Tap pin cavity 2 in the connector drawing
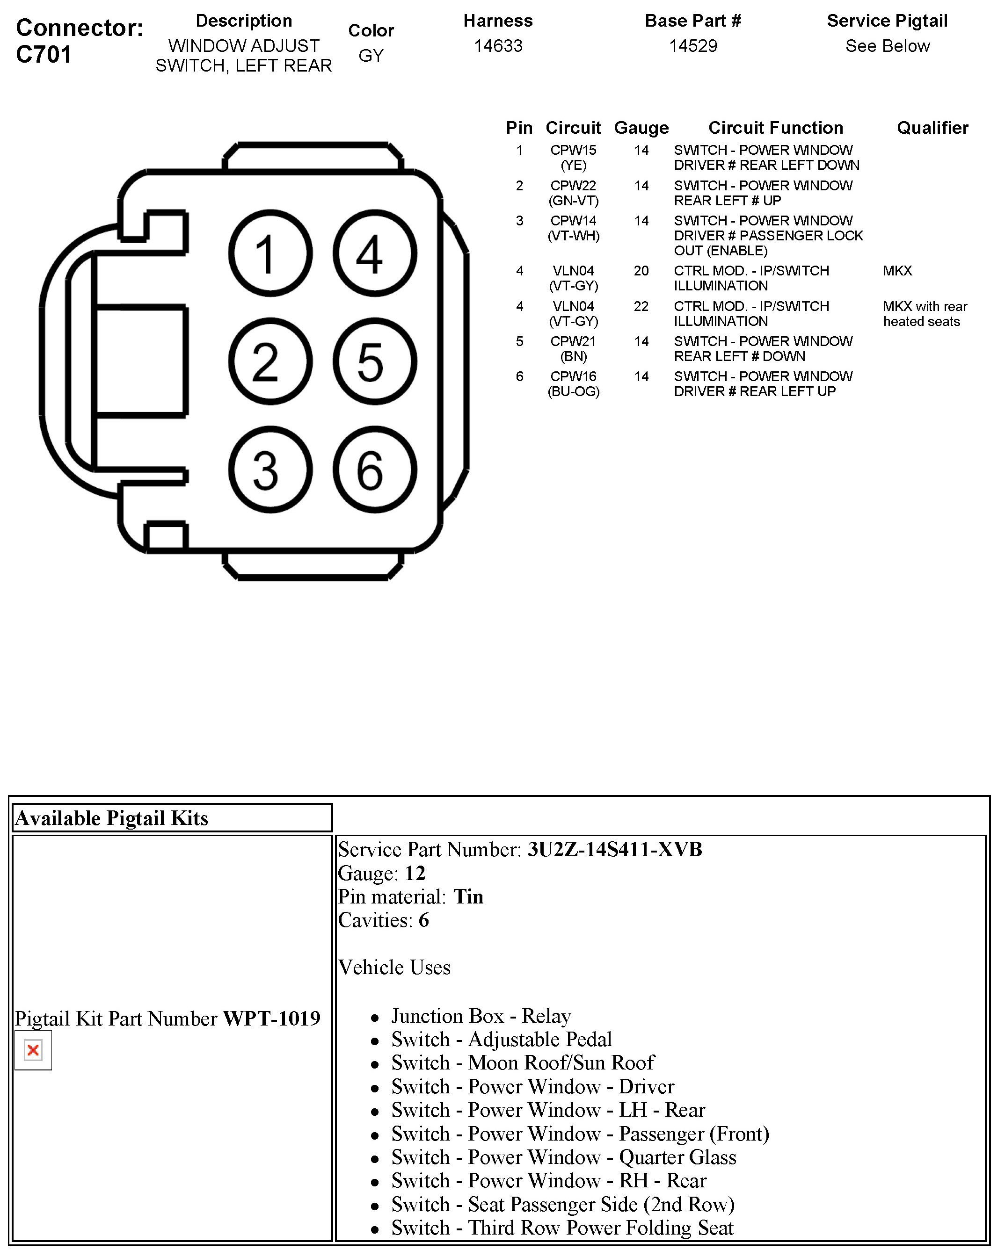coord(270,361)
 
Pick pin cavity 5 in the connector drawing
coord(374,361)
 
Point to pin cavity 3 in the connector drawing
coord(270,470)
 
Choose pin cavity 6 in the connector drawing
coord(374,470)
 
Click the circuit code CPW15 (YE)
coord(573,158)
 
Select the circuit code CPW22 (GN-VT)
coord(573,193)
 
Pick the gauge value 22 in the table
coord(641,306)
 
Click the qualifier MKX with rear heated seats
coord(924,314)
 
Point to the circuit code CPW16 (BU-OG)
coord(573,383)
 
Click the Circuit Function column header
coord(775,128)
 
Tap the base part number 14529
coord(692,46)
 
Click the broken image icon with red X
coord(33,1050)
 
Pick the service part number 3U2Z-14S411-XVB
coord(614,850)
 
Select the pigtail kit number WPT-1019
coord(271,1018)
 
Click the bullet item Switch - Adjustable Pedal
coord(501,1039)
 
